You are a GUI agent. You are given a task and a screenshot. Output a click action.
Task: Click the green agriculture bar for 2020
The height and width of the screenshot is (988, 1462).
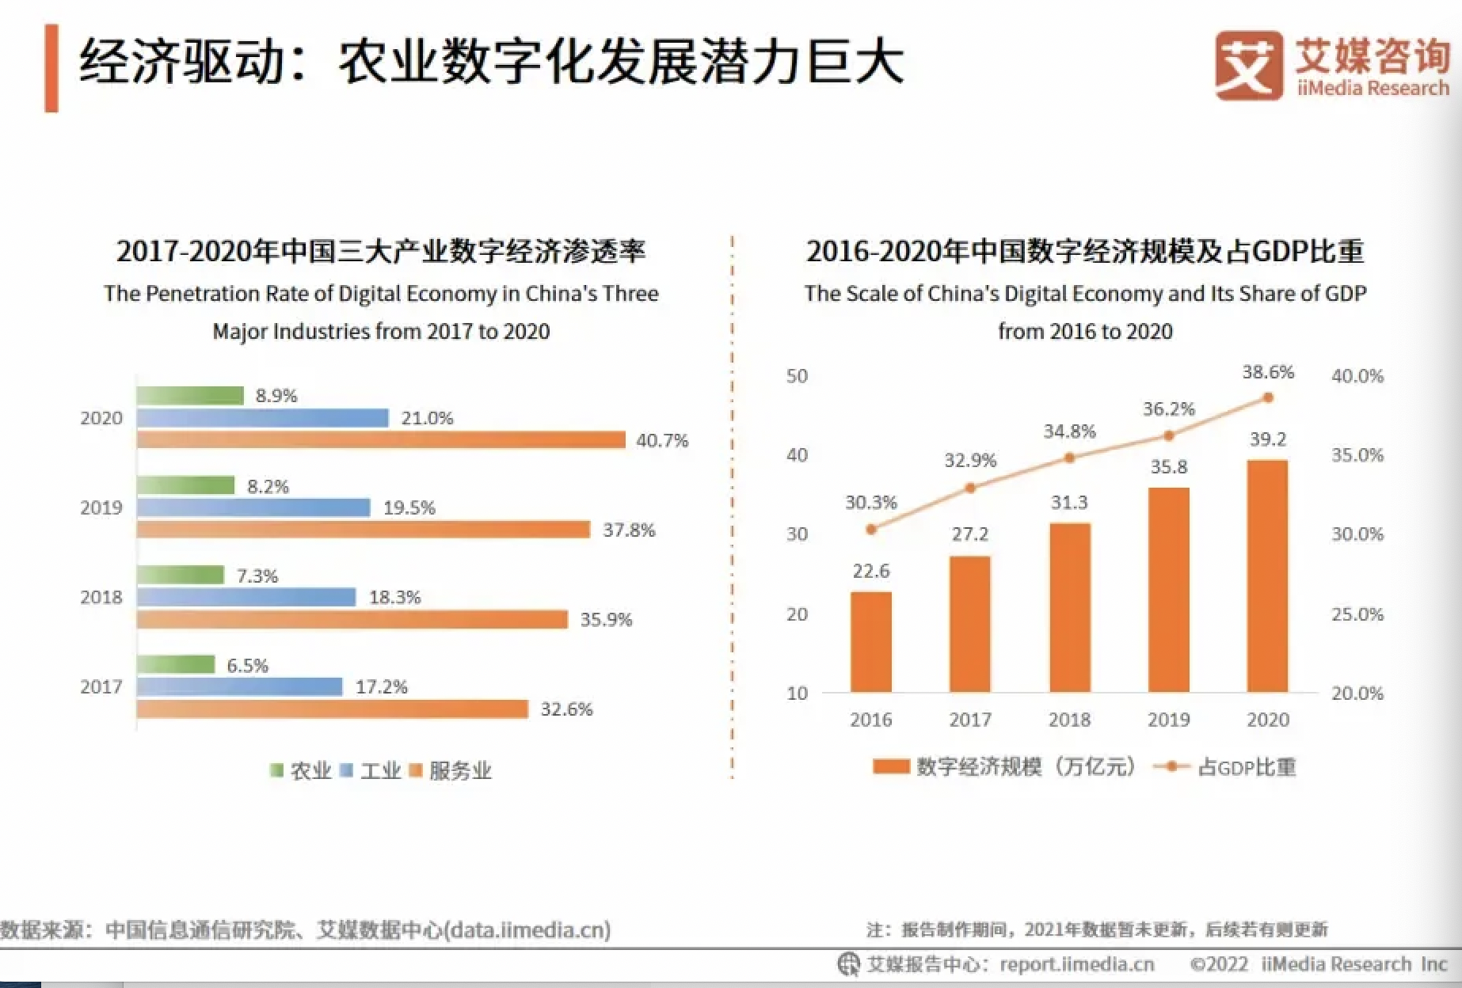point(190,395)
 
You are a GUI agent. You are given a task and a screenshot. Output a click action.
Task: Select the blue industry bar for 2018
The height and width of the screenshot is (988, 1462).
point(246,597)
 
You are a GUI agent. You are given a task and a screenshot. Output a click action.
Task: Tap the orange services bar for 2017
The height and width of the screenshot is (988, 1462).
point(332,709)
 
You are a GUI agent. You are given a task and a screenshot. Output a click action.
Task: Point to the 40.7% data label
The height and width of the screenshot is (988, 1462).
point(662,440)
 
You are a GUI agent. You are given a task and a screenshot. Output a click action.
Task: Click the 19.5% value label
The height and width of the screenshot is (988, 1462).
point(409,507)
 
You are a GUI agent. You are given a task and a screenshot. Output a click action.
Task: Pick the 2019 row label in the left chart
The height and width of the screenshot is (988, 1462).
point(101,507)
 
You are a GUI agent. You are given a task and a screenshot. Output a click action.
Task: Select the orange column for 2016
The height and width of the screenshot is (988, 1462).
point(870,641)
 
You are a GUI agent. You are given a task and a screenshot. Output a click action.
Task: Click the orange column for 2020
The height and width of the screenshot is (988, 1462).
point(1267,576)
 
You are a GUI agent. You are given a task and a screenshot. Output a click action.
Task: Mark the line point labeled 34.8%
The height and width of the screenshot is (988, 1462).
point(1069,458)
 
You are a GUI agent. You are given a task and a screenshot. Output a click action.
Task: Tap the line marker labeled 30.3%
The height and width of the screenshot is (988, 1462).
point(871,529)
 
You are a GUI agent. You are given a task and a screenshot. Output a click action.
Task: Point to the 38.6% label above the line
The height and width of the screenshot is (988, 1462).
point(1268,372)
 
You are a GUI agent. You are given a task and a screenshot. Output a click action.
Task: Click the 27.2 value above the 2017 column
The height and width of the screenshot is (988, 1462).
point(970,534)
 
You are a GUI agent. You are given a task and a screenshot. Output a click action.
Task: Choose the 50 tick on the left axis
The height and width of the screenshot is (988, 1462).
point(797,376)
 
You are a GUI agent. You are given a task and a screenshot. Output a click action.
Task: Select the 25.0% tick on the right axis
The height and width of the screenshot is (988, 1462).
point(1357,614)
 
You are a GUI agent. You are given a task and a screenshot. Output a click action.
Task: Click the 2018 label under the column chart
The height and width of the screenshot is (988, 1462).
point(1069,720)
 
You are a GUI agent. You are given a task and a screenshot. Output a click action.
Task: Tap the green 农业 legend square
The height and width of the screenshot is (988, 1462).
point(276,770)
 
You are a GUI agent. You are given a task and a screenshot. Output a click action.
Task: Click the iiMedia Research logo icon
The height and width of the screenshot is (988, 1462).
point(1249,65)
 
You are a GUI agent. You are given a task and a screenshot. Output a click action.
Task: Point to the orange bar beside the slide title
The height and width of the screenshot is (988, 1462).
point(51,68)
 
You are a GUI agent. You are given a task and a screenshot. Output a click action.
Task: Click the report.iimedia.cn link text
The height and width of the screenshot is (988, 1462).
point(1077,964)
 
